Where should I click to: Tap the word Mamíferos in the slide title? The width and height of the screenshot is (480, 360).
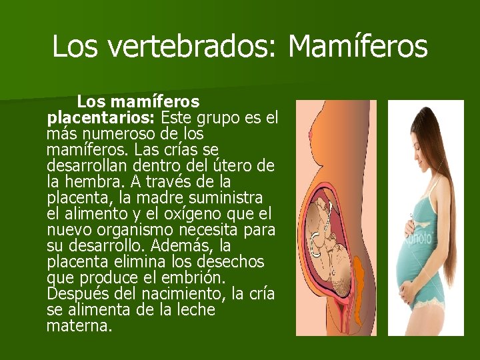pyautogui.click(x=358, y=46)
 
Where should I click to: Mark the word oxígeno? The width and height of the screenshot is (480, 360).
pyautogui.click(x=191, y=214)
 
